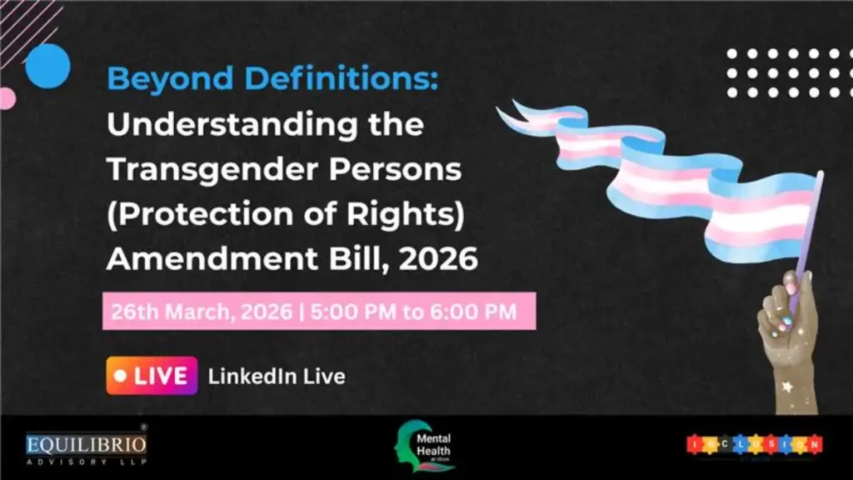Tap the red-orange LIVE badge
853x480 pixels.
(152, 376)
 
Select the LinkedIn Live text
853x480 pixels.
(277, 377)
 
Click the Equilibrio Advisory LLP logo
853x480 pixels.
(86, 446)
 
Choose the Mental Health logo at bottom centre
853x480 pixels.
(426, 446)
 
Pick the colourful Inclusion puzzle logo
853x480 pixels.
(755, 444)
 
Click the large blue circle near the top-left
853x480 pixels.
(47, 66)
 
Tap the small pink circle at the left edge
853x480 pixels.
(6, 98)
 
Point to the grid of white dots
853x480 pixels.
(784, 72)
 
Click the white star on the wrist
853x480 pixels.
(786, 387)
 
